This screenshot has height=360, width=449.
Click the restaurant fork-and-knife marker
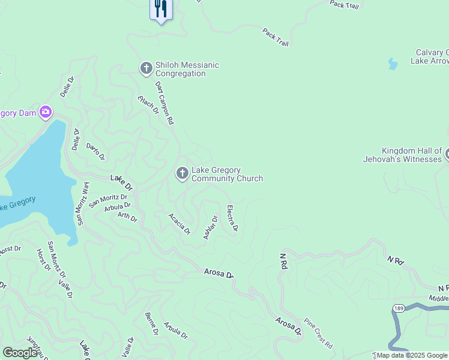(x=160, y=8)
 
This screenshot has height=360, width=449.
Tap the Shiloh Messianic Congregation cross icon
(x=146, y=69)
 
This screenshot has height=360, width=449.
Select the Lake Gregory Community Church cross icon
(x=182, y=174)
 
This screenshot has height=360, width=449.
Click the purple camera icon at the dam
(x=46, y=112)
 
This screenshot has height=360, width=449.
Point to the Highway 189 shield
(x=399, y=308)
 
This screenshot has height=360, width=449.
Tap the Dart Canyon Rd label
(x=164, y=103)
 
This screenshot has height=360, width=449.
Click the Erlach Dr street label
(x=148, y=105)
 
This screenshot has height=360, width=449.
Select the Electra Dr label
(x=232, y=218)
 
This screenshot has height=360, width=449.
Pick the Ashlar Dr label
(x=210, y=227)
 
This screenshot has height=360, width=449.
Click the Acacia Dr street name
(x=179, y=224)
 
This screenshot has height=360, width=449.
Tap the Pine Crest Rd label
(x=318, y=334)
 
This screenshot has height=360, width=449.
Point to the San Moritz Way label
(x=82, y=203)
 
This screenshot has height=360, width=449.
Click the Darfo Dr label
(x=95, y=151)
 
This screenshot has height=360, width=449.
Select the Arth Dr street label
(x=127, y=217)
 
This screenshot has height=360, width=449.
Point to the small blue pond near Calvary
(x=393, y=64)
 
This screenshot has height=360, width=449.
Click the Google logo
(x=20, y=353)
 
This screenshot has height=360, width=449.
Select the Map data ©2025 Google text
(x=412, y=355)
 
